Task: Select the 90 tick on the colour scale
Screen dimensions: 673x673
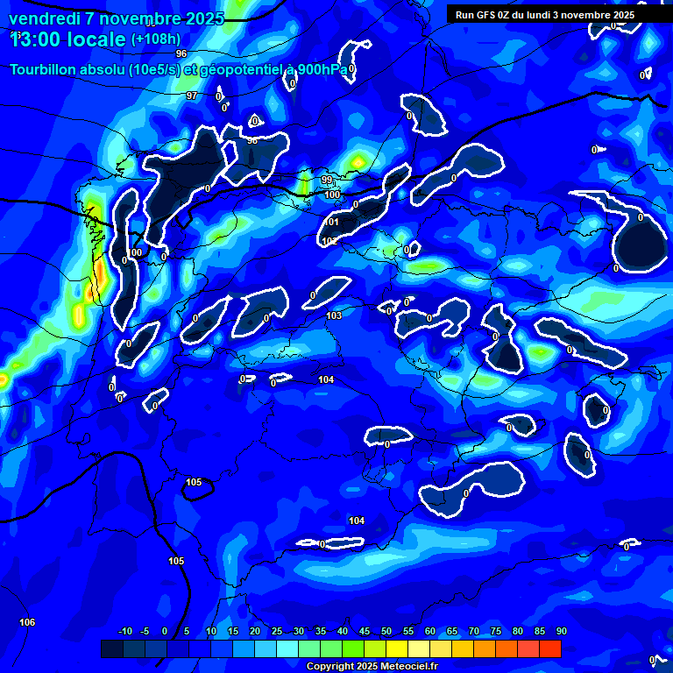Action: (561, 632)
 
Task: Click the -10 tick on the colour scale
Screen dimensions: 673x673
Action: (124, 632)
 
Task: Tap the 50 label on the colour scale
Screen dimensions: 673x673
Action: (386, 632)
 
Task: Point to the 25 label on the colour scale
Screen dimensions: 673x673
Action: (277, 632)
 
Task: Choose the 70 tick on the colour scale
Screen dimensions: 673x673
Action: (474, 632)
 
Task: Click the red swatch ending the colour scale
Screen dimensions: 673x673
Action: (550, 648)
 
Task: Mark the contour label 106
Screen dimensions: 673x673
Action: (28, 622)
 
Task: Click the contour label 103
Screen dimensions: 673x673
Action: (334, 315)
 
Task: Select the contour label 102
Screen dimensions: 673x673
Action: (329, 241)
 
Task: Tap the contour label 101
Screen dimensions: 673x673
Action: (332, 223)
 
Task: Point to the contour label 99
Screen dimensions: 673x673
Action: (326, 180)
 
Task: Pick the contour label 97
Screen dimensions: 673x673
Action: (192, 96)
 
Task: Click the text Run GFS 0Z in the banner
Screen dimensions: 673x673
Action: (482, 15)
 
